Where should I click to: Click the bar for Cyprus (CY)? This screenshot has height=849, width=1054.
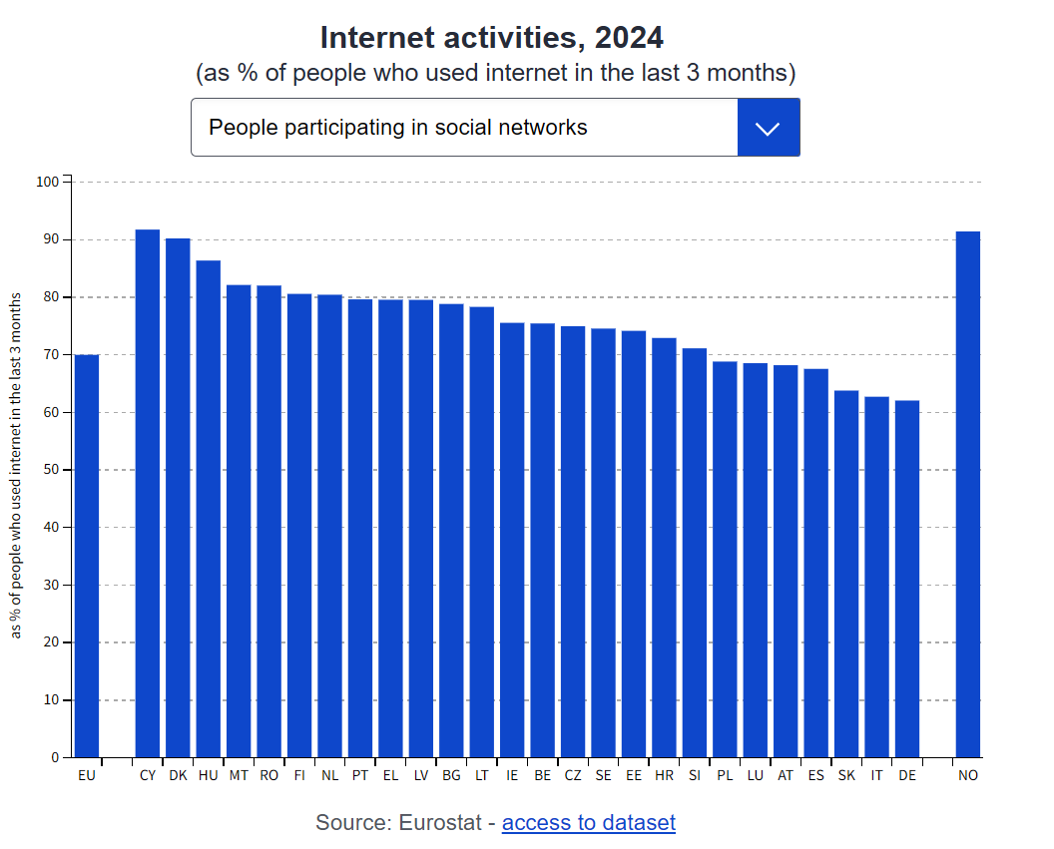click(148, 494)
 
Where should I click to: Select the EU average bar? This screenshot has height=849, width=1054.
click(87, 556)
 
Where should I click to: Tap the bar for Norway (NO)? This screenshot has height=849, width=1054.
click(968, 495)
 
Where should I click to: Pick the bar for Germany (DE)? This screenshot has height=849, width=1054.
click(907, 579)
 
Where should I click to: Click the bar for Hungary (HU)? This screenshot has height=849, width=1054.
click(209, 509)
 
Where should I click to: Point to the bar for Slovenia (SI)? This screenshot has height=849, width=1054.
click(695, 553)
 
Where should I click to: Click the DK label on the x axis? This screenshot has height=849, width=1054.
click(178, 775)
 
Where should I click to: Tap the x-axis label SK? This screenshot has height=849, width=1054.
click(846, 775)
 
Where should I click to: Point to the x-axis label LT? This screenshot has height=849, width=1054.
click(482, 775)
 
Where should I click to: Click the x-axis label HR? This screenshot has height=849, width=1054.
click(664, 775)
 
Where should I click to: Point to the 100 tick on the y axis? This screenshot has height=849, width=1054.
click(47, 183)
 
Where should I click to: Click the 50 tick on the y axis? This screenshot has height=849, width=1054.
click(50, 470)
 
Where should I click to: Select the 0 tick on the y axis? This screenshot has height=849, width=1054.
click(55, 758)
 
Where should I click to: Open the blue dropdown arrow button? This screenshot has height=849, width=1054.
click(769, 128)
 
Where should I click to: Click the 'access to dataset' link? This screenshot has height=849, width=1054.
click(588, 823)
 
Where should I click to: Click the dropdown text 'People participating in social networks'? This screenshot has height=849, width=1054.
click(397, 128)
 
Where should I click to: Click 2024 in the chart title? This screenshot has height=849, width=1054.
click(628, 38)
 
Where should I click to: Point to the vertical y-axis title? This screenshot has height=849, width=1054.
click(17, 466)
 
